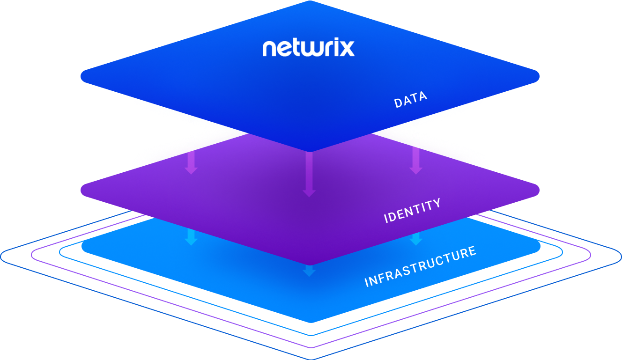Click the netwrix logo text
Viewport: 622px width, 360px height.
[309, 47]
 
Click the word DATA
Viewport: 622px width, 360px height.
[411, 99]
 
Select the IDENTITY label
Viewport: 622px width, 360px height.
[412, 210]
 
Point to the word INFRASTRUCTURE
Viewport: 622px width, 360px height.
[421, 266]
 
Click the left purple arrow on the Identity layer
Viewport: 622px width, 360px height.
[191, 162]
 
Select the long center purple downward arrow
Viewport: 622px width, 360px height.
[309, 174]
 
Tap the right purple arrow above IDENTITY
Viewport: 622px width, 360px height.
[416, 161]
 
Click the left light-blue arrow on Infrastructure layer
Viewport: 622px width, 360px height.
[191, 237]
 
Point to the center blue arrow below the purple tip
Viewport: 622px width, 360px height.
[309, 271]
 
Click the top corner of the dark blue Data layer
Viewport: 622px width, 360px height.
[310, 1]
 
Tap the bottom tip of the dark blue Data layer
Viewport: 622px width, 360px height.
[310, 152]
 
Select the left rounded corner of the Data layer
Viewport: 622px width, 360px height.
[81, 76]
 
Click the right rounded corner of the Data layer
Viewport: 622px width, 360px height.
[539, 76]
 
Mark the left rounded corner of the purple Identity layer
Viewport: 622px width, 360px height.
[81, 190]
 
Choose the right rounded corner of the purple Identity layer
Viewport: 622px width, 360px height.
[539, 190]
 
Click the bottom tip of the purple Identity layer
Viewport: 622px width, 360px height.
[310, 265]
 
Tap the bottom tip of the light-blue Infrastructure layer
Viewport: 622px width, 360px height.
[311, 323]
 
